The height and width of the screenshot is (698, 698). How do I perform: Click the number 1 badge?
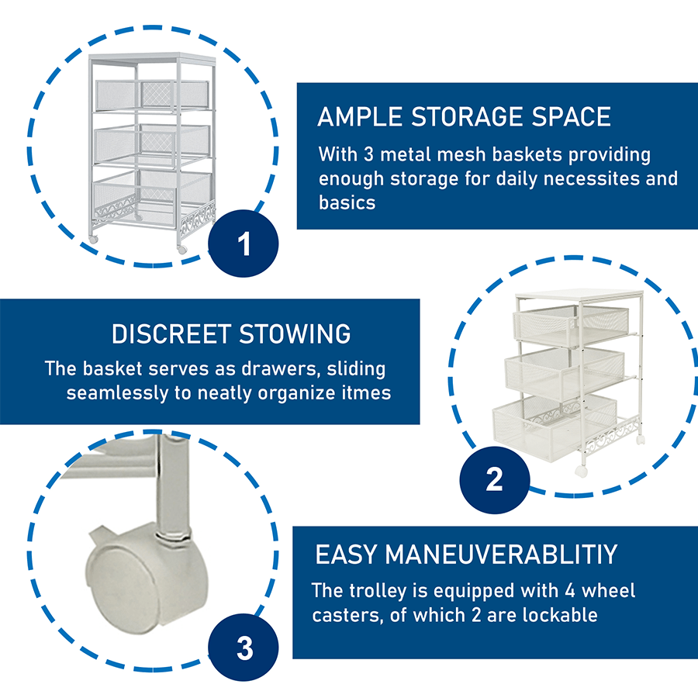click(243, 243)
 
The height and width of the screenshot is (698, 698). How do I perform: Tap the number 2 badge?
click(495, 479)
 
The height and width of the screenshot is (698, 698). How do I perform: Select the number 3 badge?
click(243, 647)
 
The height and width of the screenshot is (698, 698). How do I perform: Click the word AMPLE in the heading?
click(360, 116)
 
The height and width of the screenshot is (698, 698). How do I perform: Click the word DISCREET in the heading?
click(171, 333)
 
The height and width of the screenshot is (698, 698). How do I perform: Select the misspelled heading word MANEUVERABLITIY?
click(501, 555)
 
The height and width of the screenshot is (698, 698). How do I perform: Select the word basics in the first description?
click(347, 203)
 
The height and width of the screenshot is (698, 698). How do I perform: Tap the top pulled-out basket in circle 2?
click(571, 324)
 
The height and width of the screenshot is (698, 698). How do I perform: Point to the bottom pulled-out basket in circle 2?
click(555, 425)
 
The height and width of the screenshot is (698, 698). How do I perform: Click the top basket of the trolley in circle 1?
click(152, 95)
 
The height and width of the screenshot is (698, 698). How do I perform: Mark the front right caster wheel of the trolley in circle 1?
click(182, 250)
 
